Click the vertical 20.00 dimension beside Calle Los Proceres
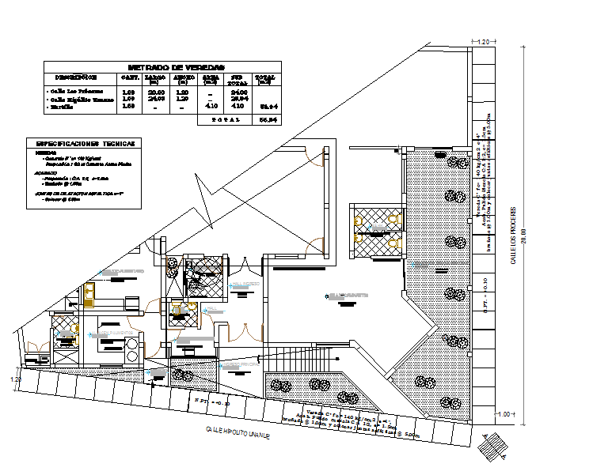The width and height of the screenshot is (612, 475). (x=523, y=236)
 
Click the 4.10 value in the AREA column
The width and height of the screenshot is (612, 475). (x=211, y=105)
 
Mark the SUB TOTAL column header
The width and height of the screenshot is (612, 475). (x=238, y=78)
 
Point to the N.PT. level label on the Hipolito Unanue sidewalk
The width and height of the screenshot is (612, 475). (x=211, y=401)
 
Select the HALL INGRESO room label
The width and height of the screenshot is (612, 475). (x=242, y=285)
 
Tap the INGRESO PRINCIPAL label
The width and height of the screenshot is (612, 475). (x=348, y=296)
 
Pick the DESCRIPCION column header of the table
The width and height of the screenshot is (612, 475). (x=76, y=78)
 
